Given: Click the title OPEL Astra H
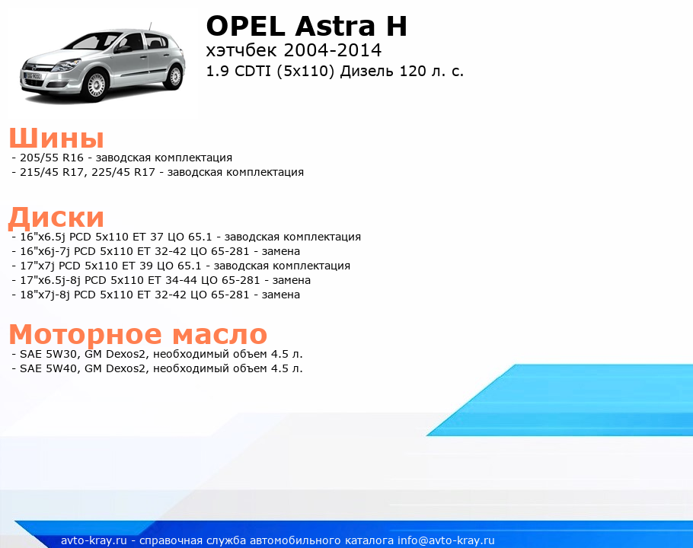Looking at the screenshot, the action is [306, 26].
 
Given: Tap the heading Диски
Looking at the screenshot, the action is [56, 218].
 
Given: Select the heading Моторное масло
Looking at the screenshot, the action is [138, 334].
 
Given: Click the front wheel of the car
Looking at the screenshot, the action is [96, 84].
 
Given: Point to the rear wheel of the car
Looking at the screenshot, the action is [175, 77].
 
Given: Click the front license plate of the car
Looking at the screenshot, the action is [33, 76].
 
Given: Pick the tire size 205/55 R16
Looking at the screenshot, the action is [52, 158].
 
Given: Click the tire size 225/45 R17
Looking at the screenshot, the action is [123, 172].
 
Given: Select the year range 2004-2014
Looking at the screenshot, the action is [333, 50].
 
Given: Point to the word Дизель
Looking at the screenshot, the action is [367, 72].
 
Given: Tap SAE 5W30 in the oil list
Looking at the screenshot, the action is [48, 354].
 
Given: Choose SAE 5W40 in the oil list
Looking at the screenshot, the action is [48, 368].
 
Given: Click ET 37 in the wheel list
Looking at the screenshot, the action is [150, 237].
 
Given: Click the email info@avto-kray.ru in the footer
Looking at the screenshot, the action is [446, 540].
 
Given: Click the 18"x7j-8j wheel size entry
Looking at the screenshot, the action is [45, 295].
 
